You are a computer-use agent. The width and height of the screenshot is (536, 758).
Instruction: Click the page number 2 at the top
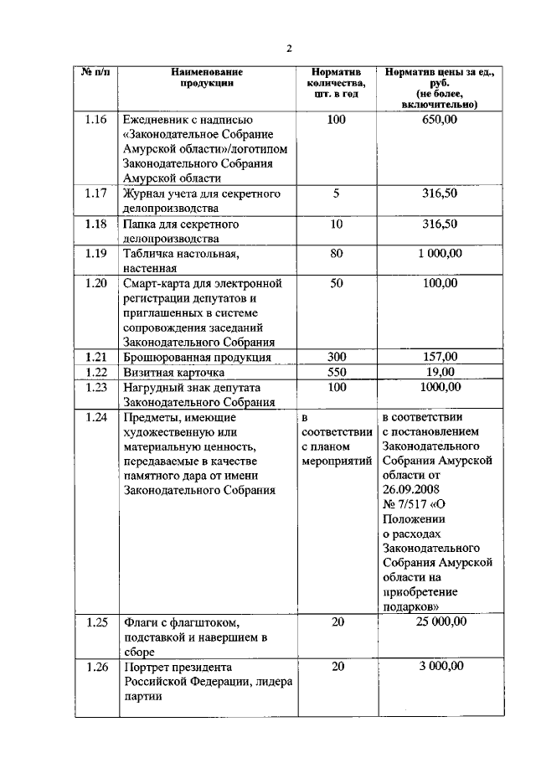click(288, 48)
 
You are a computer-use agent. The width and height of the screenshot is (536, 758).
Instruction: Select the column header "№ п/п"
click(95, 72)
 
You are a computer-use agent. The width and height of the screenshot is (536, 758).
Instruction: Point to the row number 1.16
click(95, 120)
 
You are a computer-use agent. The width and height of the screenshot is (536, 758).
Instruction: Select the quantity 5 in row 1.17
click(336, 193)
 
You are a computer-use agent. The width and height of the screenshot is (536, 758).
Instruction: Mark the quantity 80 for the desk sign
click(336, 253)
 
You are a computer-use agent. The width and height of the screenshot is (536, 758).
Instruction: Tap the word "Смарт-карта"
click(157, 283)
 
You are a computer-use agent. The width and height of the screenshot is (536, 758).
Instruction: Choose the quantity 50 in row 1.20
click(336, 283)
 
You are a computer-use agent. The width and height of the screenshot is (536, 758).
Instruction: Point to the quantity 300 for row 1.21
click(336, 357)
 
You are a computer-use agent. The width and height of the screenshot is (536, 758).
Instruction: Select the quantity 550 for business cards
click(336, 371)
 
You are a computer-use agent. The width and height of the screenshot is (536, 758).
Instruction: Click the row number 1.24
click(95, 416)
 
